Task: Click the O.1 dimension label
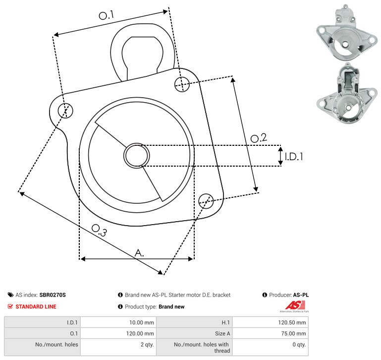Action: pos(106,15)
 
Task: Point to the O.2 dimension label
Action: pos(259,138)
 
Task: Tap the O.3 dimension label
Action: pos(99,230)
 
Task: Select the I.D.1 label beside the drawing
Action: pos(294,157)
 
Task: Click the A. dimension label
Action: pos(139,253)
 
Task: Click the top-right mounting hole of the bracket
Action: pos(182,84)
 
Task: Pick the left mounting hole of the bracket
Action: pos(65,111)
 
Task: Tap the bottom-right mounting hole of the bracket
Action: pos(206,201)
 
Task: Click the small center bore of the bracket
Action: pos(137,156)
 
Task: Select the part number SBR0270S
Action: pos(53,295)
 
